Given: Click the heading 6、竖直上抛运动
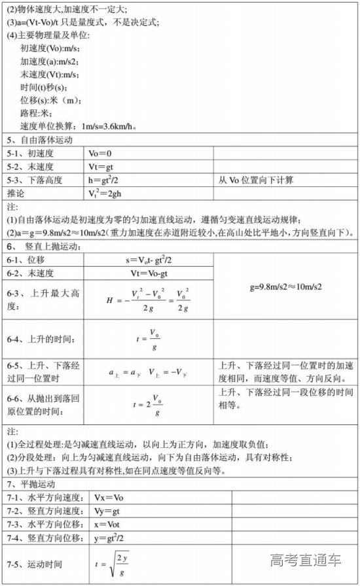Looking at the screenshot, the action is point(45,246).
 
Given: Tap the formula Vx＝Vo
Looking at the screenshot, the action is point(109,498).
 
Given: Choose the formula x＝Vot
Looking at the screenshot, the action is point(108,525).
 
